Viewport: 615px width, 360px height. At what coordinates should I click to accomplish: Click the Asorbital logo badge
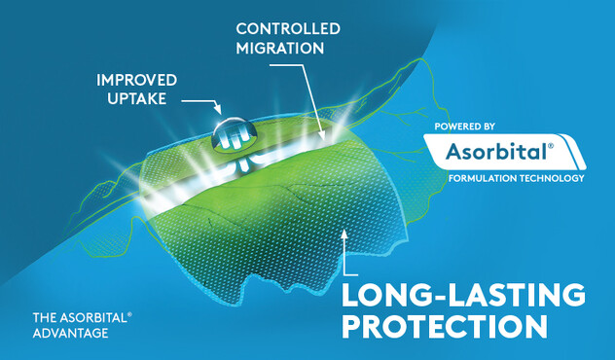[500, 151]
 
